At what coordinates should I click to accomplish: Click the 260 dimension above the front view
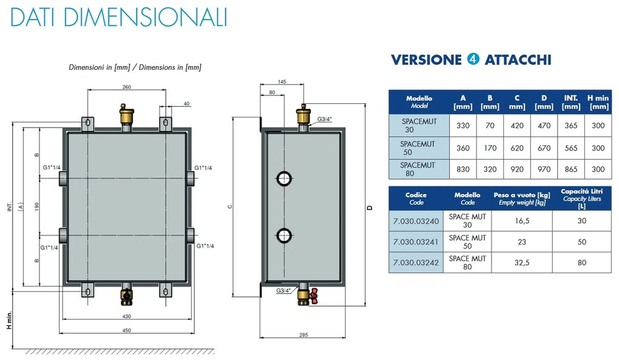coord(127,87)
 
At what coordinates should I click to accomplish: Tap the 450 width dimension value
coord(126,330)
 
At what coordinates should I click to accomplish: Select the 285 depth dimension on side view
coord(303,335)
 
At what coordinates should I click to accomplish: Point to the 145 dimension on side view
coord(282,82)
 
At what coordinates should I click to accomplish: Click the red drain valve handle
coord(314,296)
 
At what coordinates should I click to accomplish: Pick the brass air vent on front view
coord(126,114)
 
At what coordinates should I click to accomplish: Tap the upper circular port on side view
coord(284,179)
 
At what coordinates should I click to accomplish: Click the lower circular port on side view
coord(284,236)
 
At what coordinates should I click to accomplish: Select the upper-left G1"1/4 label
coord(52,168)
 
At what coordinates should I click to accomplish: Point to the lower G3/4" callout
coord(283,291)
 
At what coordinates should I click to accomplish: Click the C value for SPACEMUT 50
coord(517,148)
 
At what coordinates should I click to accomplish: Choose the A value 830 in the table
coord(463,169)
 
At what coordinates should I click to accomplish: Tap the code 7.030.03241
coord(416,242)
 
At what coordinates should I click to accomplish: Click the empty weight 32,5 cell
coord(522,262)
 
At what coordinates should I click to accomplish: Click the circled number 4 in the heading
coord(473,59)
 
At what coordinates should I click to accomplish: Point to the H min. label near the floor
coord(9,320)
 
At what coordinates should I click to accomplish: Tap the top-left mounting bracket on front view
coord(87,124)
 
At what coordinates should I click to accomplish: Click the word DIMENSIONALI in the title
coord(145,18)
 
